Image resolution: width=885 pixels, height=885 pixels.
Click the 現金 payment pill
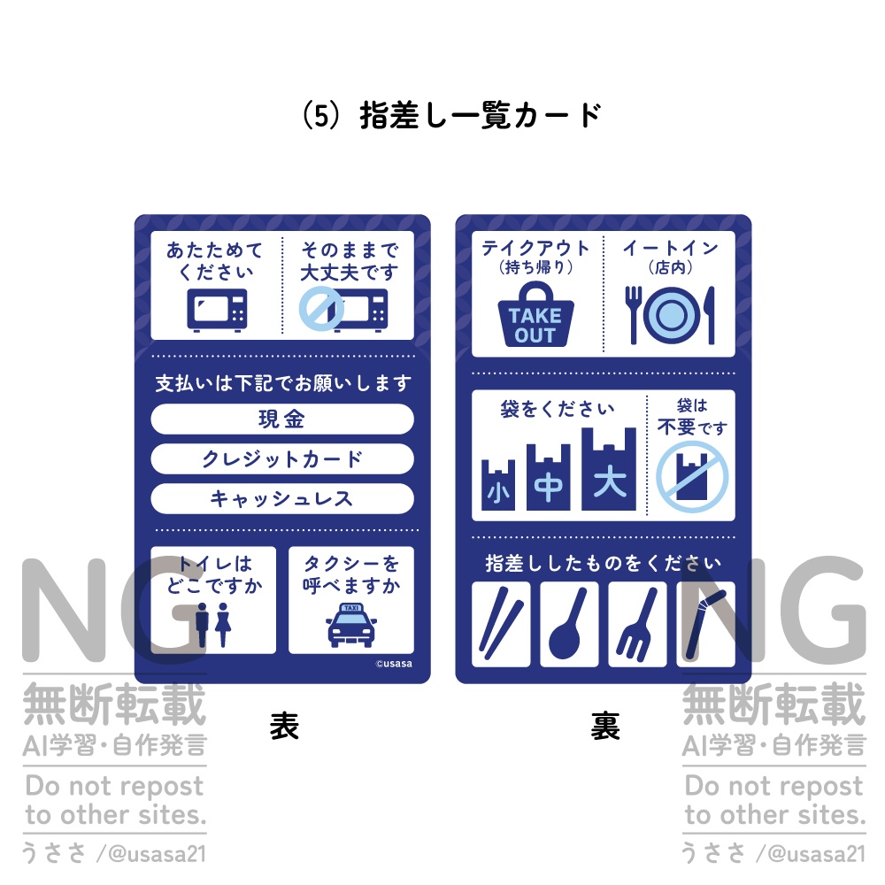(282, 419)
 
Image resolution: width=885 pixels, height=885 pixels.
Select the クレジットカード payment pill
(282, 458)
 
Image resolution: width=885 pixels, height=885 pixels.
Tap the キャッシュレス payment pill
(282, 498)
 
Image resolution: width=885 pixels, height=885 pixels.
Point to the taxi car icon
(350, 626)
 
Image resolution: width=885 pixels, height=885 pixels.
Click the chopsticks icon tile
(501, 624)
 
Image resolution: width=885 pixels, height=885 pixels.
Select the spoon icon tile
(569, 624)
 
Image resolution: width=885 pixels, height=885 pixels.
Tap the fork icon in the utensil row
(637, 624)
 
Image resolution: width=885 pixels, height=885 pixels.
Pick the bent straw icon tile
(705, 624)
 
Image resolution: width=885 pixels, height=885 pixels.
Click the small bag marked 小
(497, 485)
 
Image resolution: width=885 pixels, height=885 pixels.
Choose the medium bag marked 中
(549, 478)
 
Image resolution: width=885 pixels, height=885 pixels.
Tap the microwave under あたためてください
(217, 309)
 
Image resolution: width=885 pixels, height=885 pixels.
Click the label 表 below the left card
(283, 727)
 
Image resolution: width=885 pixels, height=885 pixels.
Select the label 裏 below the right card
(604, 727)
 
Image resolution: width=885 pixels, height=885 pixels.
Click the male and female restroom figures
(212, 624)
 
